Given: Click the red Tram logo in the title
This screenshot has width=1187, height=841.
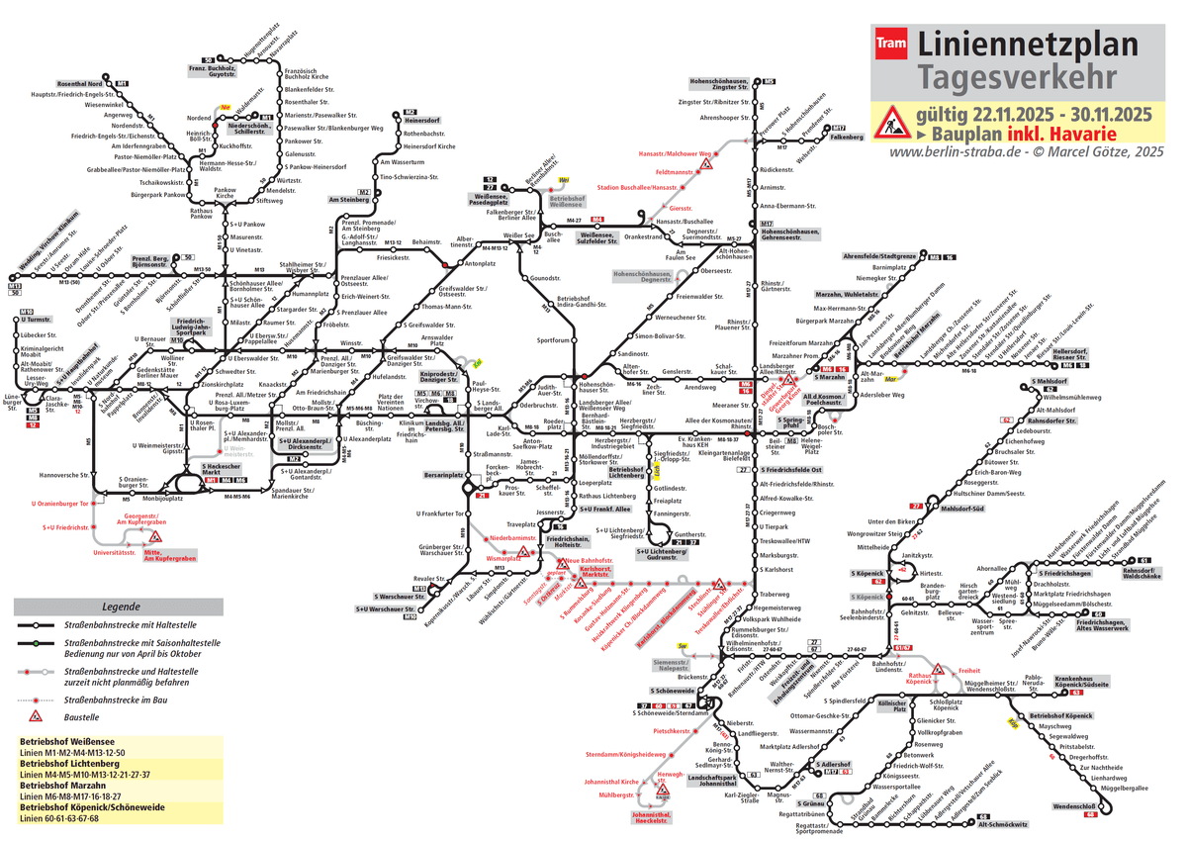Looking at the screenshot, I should (x=893, y=44).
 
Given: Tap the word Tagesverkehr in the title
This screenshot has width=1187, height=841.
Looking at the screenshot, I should (x=1018, y=77).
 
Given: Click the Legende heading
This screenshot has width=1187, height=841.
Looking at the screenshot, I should (x=123, y=607).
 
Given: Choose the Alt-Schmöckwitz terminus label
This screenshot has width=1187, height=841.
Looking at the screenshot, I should (x=1009, y=823).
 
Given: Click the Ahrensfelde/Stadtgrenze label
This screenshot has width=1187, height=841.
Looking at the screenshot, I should (x=879, y=256).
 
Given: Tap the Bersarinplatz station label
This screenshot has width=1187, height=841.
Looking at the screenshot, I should (x=443, y=476).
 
